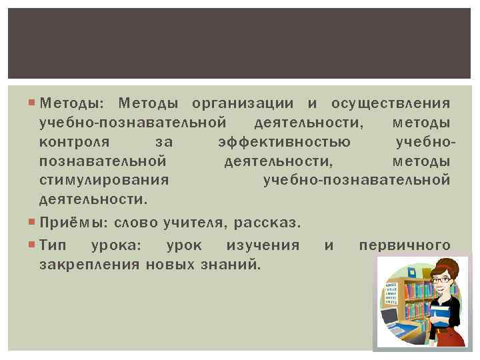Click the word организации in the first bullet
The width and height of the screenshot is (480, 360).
pos(242,103)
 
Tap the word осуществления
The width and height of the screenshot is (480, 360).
pos(391,103)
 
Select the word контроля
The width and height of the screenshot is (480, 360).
pos(74,142)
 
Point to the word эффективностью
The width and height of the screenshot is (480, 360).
pos(285,142)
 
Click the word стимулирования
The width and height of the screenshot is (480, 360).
pos(103,180)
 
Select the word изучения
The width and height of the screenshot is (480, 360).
pos(263,245)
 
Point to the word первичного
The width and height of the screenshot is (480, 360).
pos(405,245)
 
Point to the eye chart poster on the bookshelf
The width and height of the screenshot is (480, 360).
pos(389,293)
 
